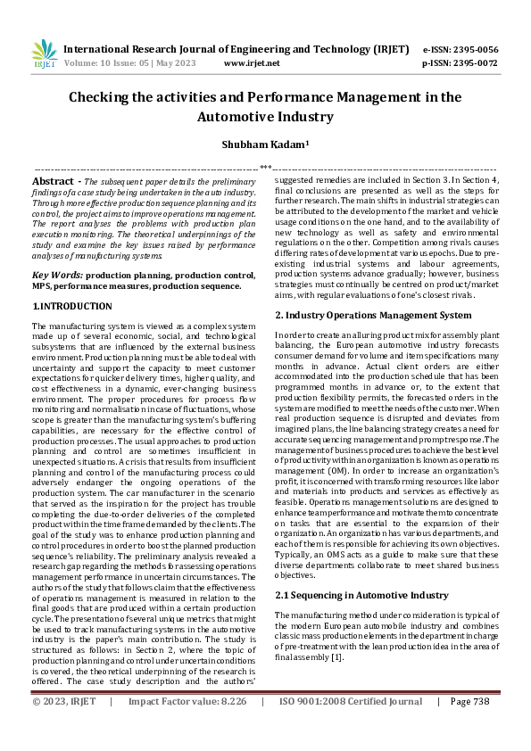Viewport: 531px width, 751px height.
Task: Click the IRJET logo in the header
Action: tap(44, 55)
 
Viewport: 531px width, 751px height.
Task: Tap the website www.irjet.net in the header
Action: tap(252, 63)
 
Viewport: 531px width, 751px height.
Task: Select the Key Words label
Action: tap(57, 276)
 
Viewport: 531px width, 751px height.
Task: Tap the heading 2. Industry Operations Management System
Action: tap(373, 315)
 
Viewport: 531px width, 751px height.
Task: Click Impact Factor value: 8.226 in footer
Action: tap(187, 727)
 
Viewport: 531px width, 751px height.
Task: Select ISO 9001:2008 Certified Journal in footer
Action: tap(351, 727)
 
